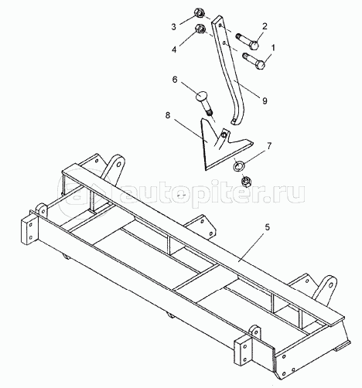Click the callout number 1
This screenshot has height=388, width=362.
[273, 48]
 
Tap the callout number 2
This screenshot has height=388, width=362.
[265, 26]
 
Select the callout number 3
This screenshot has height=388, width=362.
[174, 26]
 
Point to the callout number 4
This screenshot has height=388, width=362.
[174, 49]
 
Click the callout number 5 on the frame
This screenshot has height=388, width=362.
[268, 227]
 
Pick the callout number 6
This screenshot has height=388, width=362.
[175, 80]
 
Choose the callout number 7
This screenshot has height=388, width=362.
[269, 146]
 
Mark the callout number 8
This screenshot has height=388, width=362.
[168, 115]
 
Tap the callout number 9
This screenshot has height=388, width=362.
[265, 100]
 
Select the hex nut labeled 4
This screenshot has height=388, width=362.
[200, 29]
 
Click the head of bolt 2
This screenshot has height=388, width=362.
[254, 46]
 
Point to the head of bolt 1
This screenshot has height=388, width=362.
[261, 64]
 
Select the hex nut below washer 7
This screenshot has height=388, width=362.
[246, 181]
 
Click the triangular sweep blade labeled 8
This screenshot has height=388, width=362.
[217, 149]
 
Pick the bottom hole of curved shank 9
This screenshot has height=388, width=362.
[234, 122]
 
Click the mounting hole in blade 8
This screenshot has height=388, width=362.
[224, 134]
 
